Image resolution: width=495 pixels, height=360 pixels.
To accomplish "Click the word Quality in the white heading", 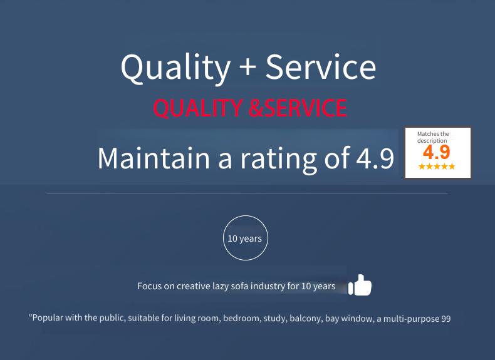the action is click(175, 68).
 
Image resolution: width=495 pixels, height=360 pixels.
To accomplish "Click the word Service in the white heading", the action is click(321, 66).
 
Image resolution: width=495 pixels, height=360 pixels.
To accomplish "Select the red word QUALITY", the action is click(197, 108).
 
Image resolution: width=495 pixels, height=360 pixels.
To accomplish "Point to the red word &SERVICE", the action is click(298, 108).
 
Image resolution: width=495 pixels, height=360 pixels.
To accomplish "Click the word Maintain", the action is click(154, 158).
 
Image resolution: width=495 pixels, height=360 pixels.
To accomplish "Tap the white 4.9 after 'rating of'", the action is click(375, 158).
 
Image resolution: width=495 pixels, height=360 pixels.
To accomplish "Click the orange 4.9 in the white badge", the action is click(437, 152).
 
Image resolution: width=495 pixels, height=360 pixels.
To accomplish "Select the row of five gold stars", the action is click(437, 167).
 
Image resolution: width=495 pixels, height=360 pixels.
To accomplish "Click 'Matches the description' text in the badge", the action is click(433, 137).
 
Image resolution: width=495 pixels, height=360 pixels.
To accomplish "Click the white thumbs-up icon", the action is click(360, 285).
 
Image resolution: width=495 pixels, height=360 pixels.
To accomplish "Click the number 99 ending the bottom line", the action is click(446, 319).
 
